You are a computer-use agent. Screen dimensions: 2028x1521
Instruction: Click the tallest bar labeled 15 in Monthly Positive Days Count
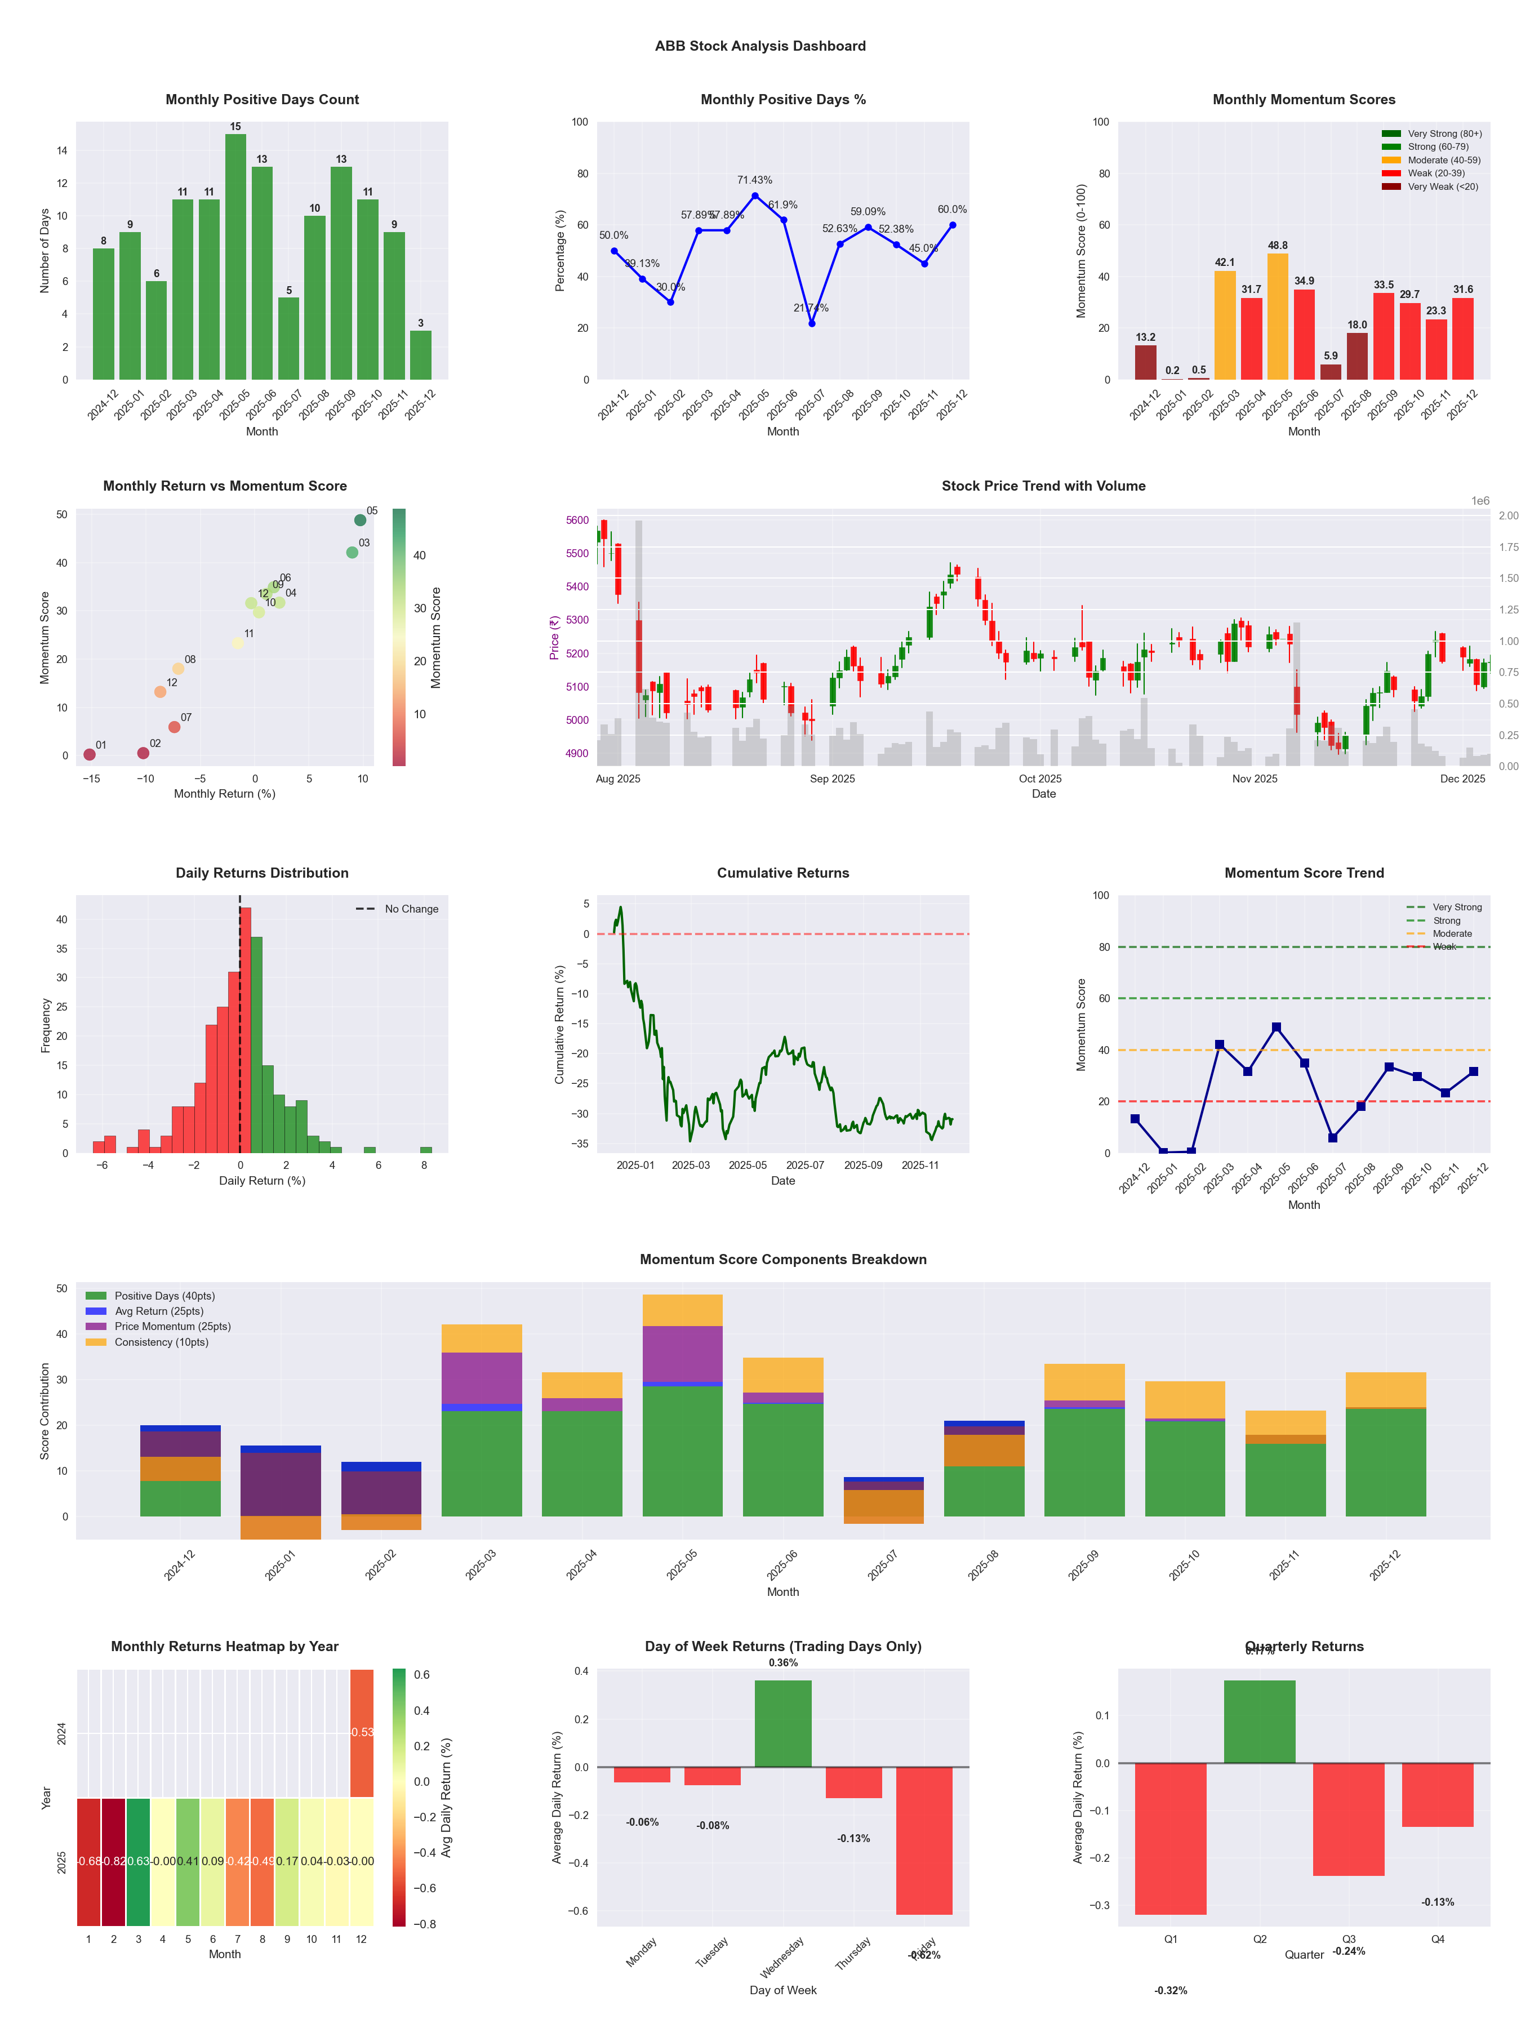point(235,257)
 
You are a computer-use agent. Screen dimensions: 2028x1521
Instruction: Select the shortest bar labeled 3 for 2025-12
point(421,355)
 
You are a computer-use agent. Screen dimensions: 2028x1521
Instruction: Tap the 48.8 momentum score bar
point(1277,316)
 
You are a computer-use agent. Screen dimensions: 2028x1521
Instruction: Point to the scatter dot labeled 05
point(361,520)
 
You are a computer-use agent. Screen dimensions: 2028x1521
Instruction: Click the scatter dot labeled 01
point(89,754)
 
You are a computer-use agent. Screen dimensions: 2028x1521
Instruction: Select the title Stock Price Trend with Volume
point(1043,486)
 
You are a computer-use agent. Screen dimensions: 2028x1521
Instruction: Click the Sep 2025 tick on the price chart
point(831,779)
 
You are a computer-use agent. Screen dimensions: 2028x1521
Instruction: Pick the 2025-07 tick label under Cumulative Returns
point(805,1166)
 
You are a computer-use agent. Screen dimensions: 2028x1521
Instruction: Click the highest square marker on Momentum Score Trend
point(1276,1028)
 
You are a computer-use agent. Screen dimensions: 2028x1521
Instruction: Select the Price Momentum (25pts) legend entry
point(172,1327)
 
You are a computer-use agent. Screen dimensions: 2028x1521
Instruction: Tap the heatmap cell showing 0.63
point(139,1861)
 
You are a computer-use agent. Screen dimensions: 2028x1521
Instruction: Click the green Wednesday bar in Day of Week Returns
point(783,1724)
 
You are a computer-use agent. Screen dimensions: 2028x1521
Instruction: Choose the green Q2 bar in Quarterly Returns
point(1260,1721)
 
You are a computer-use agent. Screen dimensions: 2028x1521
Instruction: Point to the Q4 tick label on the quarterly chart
point(1438,1939)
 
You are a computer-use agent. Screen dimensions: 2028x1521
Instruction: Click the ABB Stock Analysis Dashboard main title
point(760,46)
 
